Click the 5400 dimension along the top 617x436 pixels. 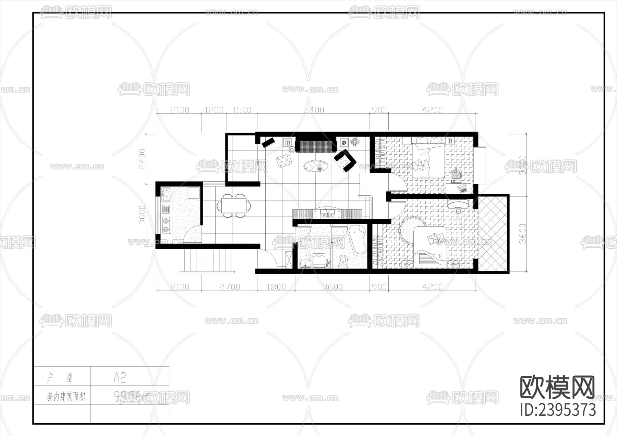314,110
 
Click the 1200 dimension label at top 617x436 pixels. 214,110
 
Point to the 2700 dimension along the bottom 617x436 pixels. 229,287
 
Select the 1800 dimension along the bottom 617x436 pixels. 276,287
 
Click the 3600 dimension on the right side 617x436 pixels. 522,233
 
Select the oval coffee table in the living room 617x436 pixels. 316,167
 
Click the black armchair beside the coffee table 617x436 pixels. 345,160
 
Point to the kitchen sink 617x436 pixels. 166,194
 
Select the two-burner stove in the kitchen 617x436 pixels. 166,225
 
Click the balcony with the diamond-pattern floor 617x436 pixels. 492,233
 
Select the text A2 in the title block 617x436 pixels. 120,378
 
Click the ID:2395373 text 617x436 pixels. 558,410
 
